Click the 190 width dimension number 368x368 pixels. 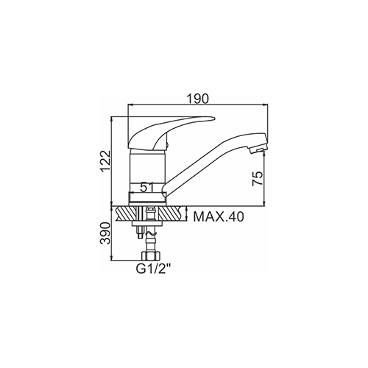(x=197, y=99)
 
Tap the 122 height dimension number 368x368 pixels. (x=107, y=161)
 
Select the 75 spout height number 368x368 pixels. (x=258, y=178)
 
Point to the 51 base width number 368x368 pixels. (x=146, y=188)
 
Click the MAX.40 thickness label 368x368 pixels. (x=219, y=217)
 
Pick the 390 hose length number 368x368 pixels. (x=105, y=233)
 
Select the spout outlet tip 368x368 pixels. (x=258, y=148)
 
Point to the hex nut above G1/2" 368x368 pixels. (x=150, y=255)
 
